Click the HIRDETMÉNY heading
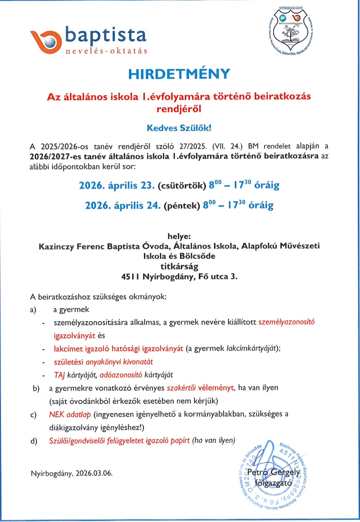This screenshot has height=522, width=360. pyautogui.click(x=180, y=74)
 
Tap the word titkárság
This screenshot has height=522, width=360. pyautogui.click(x=180, y=266)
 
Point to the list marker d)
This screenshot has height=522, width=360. pyautogui.click(x=34, y=441)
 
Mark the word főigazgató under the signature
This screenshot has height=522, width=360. pyautogui.click(x=274, y=484)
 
